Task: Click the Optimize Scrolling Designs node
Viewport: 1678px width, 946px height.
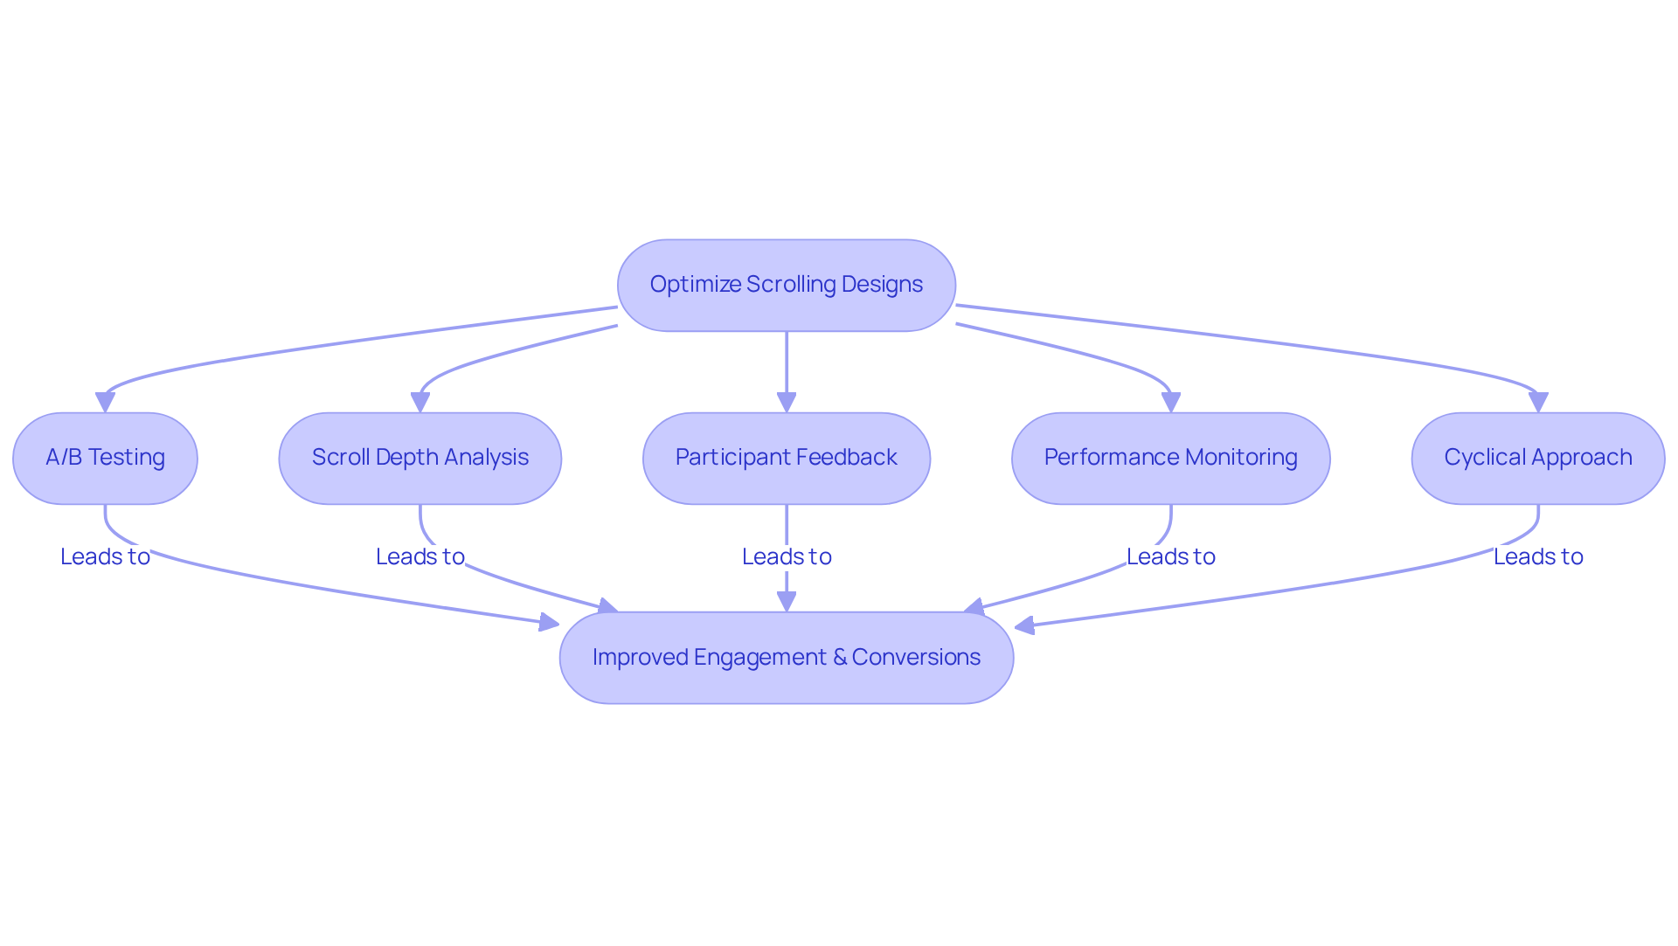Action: point(786,286)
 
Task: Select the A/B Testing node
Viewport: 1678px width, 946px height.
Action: point(105,458)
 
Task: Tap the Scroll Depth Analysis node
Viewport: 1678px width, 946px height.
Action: point(419,458)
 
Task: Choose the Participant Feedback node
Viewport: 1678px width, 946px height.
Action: point(786,458)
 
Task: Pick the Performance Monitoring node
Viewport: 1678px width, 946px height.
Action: point(1170,458)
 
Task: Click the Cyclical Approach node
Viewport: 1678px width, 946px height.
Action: point(1537,458)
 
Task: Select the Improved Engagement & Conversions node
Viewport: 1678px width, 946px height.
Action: point(786,658)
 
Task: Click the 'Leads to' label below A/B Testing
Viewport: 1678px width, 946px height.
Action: point(105,556)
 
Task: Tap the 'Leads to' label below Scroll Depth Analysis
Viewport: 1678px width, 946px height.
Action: point(419,556)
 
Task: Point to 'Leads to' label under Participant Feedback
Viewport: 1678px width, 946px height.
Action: point(786,556)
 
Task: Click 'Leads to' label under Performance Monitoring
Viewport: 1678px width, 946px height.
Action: point(1170,556)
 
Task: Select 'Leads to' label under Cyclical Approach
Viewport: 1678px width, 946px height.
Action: point(1537,556)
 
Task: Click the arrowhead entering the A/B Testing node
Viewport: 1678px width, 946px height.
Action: point(105,402)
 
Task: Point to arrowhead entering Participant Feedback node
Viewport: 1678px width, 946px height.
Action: point(786,402)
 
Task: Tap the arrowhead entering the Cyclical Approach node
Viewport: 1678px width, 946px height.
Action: point(1537,402)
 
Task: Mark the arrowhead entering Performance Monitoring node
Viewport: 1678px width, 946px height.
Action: point(1170,402)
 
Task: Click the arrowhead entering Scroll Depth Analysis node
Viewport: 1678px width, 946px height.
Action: point(419,402)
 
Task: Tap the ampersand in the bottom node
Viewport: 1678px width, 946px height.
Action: point(840,658)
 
